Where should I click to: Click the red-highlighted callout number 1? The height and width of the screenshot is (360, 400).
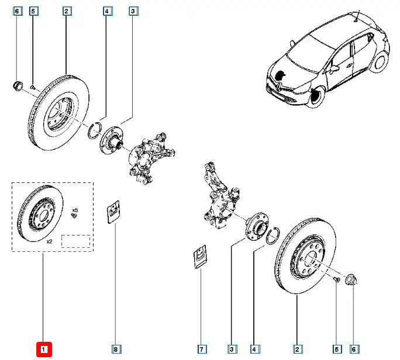point(44,349)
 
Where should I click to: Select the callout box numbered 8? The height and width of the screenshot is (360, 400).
point(116,349)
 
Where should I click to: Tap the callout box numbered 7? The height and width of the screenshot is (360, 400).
point(201,349)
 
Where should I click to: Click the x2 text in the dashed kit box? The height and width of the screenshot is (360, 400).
point(49,240)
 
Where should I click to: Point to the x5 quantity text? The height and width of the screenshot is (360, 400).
point(75,209)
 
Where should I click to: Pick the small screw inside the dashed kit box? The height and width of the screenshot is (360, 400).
point(74,216)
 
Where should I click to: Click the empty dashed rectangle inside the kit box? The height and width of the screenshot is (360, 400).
point(75,241)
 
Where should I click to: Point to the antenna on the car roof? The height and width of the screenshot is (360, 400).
point(355,16)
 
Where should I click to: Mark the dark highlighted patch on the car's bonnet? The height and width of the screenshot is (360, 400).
point(282,75)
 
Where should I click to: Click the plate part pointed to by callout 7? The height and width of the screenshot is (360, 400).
point(200,258)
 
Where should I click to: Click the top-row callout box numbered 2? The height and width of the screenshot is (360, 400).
point(67,11)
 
